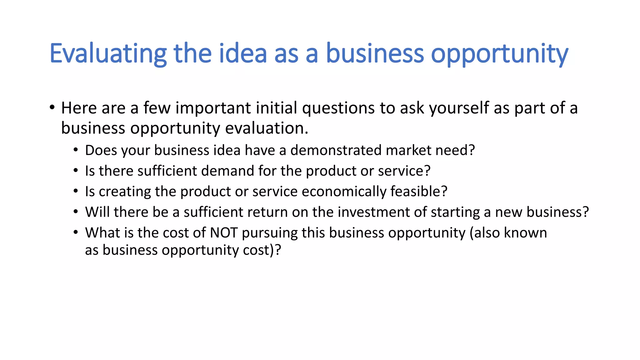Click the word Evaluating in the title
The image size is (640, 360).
108,54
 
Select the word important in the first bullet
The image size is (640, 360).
213,108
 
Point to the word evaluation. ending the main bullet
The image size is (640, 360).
267,128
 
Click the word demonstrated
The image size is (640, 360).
336,150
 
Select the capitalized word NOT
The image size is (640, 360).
224,233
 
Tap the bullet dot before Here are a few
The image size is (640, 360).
52,108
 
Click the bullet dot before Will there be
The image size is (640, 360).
76,212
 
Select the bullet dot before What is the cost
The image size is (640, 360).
76,233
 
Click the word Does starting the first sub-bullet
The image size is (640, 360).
101,150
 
